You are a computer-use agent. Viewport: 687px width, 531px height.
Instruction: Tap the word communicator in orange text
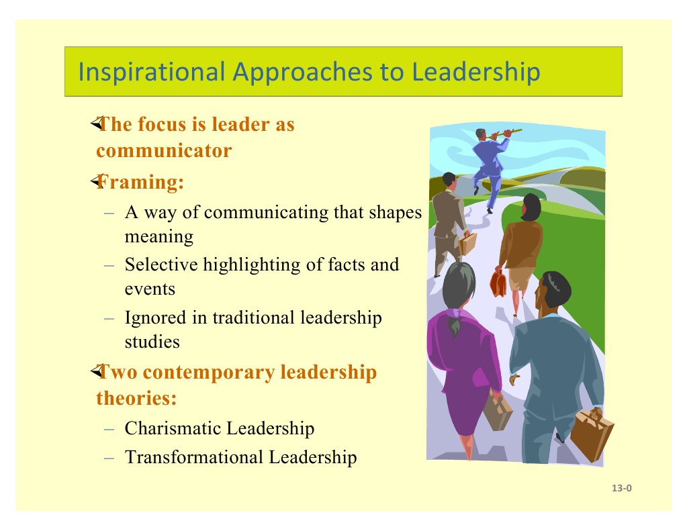coord(164,150)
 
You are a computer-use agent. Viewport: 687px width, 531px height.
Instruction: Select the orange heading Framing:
coord(140,182)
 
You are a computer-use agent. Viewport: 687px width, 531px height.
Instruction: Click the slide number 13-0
coord(622,488)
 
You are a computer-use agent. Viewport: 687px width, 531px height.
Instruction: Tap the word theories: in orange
coord(136,398)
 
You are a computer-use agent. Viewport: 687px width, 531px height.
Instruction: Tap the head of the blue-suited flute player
coord(480,134)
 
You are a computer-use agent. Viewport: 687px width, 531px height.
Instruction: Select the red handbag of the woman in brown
coord(498,283)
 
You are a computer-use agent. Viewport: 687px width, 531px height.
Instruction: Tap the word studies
coord(152,342)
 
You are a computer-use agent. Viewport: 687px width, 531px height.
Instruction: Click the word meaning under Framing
coord(159,236)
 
